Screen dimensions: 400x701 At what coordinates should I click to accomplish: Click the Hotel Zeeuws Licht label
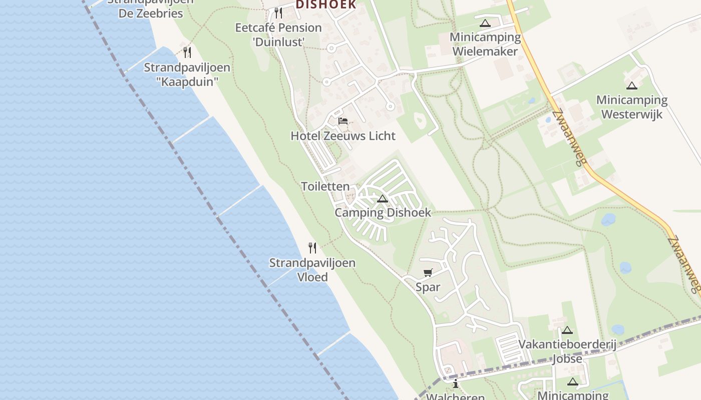click(343, 135)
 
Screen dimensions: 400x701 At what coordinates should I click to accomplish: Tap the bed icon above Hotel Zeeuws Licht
click(343, 121)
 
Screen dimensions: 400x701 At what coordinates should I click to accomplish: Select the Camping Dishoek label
click(383, 212)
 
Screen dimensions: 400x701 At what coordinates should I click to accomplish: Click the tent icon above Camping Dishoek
click(383, 199)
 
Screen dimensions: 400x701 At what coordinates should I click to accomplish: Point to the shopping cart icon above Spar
click(428, 272)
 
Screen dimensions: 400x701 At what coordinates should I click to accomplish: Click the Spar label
click(428, 287)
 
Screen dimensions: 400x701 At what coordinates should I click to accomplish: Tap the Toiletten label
click(325, 186)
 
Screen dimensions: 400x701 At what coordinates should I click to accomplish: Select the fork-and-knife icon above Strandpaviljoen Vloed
click(312, 247)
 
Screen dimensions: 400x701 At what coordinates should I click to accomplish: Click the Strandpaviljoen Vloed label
click(312, 269)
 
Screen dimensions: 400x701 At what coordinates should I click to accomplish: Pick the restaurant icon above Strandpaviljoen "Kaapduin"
click(187, 52)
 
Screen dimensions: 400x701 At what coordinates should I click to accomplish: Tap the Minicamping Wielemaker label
click(485, 44)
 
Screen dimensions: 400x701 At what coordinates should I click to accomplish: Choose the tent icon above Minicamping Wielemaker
click(485, 23)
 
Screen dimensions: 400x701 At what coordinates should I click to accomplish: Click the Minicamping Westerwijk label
click(632, 107)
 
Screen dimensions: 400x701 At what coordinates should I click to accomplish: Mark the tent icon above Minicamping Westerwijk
click(632, 85)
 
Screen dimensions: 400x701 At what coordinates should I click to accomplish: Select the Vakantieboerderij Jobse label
click(567, 351)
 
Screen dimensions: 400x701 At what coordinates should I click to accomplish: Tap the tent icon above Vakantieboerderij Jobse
click(567, 330)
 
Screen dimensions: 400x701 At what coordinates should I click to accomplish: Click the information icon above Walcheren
click(456, 384)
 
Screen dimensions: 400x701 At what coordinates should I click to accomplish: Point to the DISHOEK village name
click(326, 5)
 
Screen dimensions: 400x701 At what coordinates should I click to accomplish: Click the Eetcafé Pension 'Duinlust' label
click(278, 34)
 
